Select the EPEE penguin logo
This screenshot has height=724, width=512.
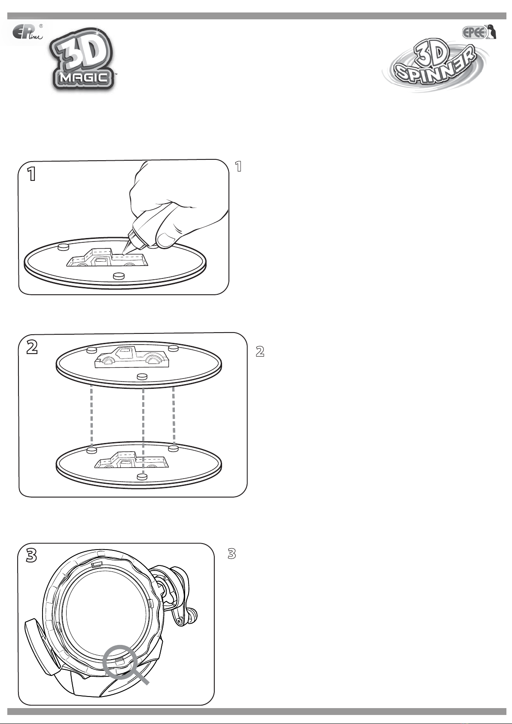tap(480, 33)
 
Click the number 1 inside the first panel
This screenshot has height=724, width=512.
tap(31, 174)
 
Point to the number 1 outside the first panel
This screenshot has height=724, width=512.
tap(238, 166)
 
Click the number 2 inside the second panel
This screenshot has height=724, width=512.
tap(32, 348)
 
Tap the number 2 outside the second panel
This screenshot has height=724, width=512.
tap(260, 351)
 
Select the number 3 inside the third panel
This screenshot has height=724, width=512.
tap(31, 556)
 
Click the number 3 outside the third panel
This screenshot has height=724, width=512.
tap(232, 554)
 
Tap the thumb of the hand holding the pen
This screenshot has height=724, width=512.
tap(166, 239)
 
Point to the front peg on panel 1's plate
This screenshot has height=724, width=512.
tap(119, 276)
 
